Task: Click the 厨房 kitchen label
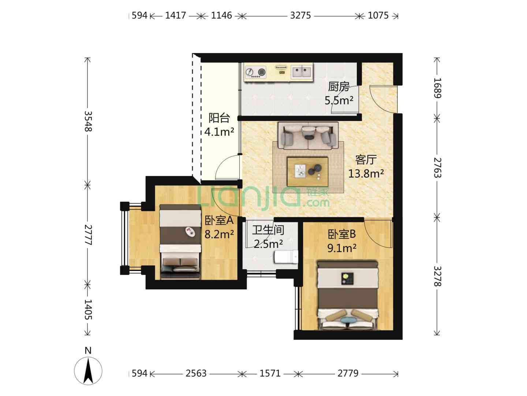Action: [x=339, y=87]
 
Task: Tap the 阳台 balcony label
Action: [x=219, y=118]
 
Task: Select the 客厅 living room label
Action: [x=366, y=160]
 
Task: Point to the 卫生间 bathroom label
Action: [x=268, y=230]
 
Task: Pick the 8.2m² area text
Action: [x=219, y=234]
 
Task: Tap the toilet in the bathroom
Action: [x=286, y=257]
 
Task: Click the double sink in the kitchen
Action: [x=302, y=72]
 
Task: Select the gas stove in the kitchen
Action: [x=255, y=72]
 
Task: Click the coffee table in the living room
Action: [x=308, y=172]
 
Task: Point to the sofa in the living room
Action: [x=308, y=135]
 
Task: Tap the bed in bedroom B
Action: [x=348, y=296]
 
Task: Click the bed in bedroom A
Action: [x=180, y=242]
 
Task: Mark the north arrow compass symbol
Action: [x=88, y=371]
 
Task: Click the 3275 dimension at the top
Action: [x=300, y=16]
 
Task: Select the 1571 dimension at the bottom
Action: [x=270, y=373]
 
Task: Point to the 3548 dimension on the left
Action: [x=88, y=121]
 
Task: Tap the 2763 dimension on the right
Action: [x=437, y=168]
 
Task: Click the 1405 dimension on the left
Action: [x=88, y=309]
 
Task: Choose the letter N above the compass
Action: [x=88, y=351]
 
